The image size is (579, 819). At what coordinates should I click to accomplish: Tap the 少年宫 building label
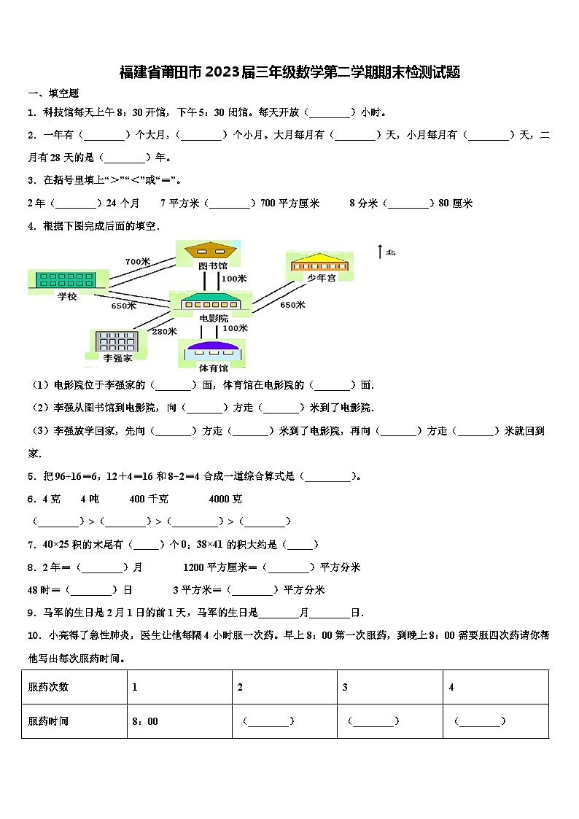point(321,278)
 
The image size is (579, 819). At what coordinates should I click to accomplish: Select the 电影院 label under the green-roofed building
point(213,319)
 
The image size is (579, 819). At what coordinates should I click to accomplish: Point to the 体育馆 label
point(214,369)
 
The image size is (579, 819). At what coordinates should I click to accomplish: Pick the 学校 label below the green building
point(66,295)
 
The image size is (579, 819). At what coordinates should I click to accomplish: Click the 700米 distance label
point(137,262)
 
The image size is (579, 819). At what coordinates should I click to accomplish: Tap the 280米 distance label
point(164,332)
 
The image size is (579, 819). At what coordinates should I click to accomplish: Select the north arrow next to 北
point(379,252)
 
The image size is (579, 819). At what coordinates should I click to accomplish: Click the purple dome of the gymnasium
point(214,346)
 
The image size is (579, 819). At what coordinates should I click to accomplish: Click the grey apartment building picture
point(113,341)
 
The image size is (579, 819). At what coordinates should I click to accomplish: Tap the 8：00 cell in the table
point(144,722)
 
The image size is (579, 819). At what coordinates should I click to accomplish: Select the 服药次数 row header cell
point(48,687)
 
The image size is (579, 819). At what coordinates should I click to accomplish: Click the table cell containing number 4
point(451,687)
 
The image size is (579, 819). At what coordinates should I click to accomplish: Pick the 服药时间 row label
point(48,722)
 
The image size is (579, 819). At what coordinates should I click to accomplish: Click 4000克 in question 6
point(225,499)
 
